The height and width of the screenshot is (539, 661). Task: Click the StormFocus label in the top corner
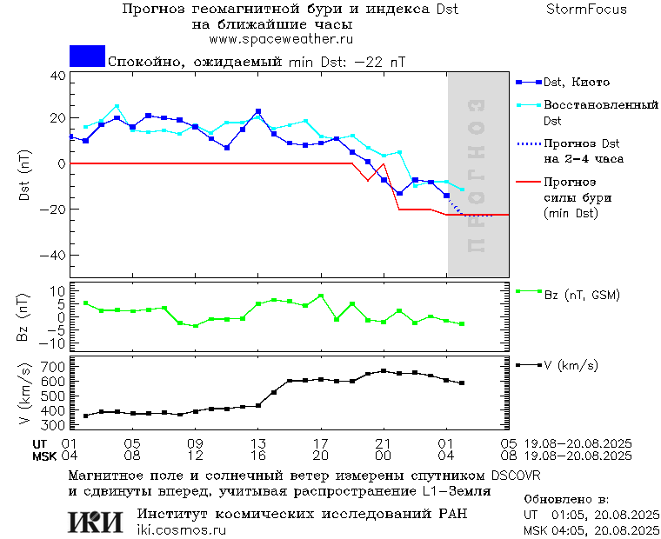pyautogui.click(x=587, y=10)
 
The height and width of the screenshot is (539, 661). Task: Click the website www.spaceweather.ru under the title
pyautogui.click(x=280, y=39)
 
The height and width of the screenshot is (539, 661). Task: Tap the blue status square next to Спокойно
pyautogui.click(x=87, y=57)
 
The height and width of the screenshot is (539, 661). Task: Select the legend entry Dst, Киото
pyautogui.click(x=576, y=83)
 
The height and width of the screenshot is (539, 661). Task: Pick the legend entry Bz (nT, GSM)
pyautogui.click(x=582, y=296)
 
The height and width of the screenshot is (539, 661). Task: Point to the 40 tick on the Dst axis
pyautogui.click(x=57, y=76)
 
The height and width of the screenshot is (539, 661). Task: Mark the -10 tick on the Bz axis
pyautogui.click(x=54, y=343)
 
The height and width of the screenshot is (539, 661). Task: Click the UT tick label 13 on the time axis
pyautogui.click(x=258, y=443)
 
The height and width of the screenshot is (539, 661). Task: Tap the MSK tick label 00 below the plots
pyautogui.click(x=384, y=455)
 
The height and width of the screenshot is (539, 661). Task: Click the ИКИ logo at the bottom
pyautogui.click(x=95, y=521)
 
